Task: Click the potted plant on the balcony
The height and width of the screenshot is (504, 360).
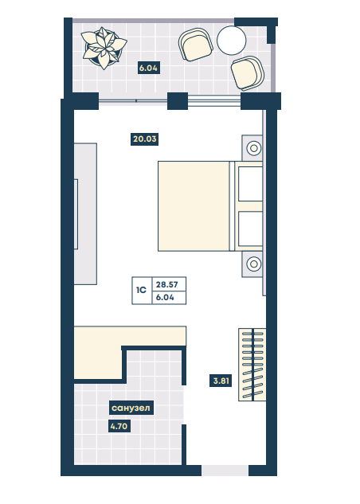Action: [x=104, y=49]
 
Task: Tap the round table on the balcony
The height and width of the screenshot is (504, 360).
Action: [x=232, y=40]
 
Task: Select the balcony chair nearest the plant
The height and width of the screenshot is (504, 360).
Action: [x=195, y=45]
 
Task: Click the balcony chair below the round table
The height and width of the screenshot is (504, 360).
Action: [x=248, y=73]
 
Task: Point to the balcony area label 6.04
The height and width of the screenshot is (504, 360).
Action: [x=148, y=68]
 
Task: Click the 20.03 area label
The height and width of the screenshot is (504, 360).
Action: [x=145, y=139]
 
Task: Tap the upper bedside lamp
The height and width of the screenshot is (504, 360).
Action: [x=253, y=149]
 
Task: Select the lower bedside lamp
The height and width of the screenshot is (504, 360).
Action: [x=253, y=264]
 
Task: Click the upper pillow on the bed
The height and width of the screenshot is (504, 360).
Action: [x=250, y=184]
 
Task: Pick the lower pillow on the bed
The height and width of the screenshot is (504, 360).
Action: [x=250, y=229]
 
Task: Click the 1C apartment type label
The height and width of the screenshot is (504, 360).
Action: [x=142, y=291]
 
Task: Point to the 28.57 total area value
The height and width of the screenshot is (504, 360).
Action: [x=166, y=284]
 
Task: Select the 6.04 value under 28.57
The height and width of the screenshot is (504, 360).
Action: [x=165, y=298]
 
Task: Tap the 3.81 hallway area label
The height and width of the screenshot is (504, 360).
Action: [x=221, y=381]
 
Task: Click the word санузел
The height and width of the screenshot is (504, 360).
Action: [x=131, y=408]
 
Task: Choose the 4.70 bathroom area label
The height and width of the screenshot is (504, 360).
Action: [x=119, y=427]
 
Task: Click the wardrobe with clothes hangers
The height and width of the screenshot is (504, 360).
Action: [x=252, y=365]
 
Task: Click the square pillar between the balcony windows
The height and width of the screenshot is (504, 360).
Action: [x=178, y=101]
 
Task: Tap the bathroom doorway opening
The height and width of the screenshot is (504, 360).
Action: [x=184, y=404]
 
